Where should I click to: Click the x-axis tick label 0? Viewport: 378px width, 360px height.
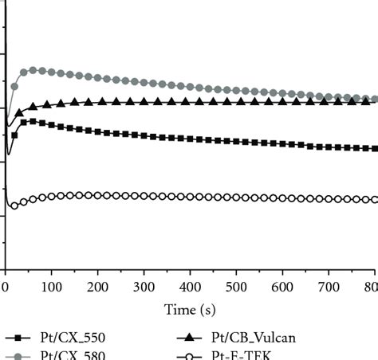tap(6, 285)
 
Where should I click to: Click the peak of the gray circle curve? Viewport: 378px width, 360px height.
tap(33, 70)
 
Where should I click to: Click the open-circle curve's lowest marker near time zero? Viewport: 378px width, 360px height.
tap(14, 205)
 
